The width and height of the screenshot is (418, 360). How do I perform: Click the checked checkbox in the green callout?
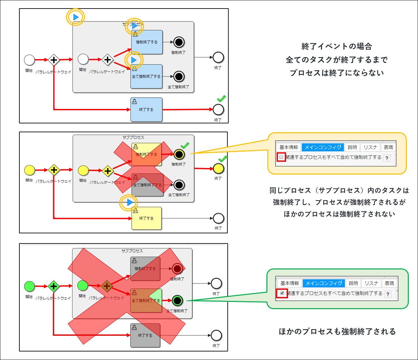pyautogui.click(x=282, y=293)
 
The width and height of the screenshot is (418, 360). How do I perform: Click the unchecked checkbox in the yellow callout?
pyautogui.click(x=281, y=157)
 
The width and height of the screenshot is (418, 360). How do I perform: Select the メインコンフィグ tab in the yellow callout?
pyautogui.click(x=323, y=147)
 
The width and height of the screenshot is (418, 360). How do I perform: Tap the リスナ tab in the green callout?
pyautogui.click(x=371, y=283)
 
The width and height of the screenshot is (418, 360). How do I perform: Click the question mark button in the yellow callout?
pyautogui.click(x=387, y=158)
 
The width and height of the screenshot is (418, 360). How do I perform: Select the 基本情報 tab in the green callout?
pyautogui.click(x=289, y=283)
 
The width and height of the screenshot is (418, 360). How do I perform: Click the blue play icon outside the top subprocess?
pyautogui.click(x=76, y=17)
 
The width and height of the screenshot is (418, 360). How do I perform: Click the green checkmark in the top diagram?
pyautogui.click(x=221, y=98)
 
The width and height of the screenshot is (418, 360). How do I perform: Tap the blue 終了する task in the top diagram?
pyautogui.click(x=146, y=110)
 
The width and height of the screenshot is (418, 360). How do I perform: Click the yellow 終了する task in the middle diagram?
pyautogui.click(x=147, y=218)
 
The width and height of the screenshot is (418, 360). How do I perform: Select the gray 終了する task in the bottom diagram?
pyautogui.click(x=145, y=335)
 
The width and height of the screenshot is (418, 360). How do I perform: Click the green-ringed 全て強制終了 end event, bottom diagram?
pyautogui.click(x=178, y=300)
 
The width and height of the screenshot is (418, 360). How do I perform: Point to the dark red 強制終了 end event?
pyautogui.click(x=177, y=269)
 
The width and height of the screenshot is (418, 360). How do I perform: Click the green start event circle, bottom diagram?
pyautogui.click(x=30, y=286)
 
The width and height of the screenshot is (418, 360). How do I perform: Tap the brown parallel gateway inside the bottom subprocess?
pyautogui.click(x=107, y=286)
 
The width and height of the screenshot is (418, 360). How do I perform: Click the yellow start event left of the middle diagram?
pyautogui.click(x=30, y=170)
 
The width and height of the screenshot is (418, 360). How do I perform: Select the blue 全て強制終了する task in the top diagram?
pyautogui.click(x=146, y=76)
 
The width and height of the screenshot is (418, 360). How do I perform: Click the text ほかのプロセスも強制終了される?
pyautogui.click(x=337, y=331)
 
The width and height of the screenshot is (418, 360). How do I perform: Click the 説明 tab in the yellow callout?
pyautogui.click(x=352, y=147)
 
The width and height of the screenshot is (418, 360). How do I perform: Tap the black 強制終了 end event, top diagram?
pyautogui.click(x=179, y=42)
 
